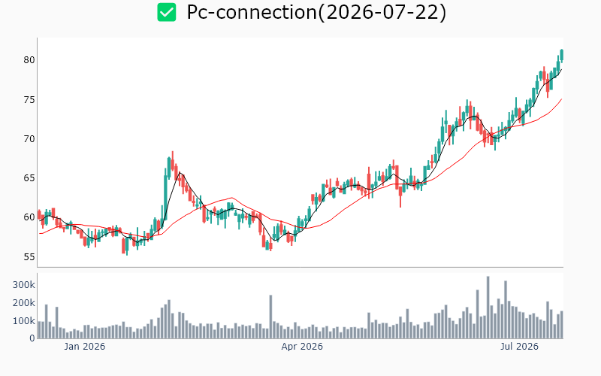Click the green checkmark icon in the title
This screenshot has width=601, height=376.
click(167, 12)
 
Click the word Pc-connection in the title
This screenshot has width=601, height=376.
click(252, 12)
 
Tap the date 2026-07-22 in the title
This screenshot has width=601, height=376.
click(382, 12)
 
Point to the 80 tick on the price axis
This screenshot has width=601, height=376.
click(29, 60)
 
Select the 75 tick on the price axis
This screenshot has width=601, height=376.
click(29, 100)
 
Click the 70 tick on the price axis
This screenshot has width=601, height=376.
click(29, 139)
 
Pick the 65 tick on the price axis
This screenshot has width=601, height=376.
click(29, 178)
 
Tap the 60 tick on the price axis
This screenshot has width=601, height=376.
click(29, 217)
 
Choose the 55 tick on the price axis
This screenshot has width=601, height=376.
click(29, 256)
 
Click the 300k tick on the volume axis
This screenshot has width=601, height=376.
click(24, 285)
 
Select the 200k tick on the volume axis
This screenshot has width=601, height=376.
click(24, 303)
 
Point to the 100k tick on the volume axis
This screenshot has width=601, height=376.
click(24, 321)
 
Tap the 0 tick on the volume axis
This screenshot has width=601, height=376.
click(32, 338)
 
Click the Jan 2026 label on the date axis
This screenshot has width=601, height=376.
click(84, 347)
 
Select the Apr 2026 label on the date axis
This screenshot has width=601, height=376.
click(302, 347)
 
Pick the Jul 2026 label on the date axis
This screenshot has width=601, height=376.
click(519, 347)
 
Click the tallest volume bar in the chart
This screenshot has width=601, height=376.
click(488, 308)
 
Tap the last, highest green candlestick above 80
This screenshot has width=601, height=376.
click(561, 55)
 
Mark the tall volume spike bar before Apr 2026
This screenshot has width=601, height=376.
click(270, 317)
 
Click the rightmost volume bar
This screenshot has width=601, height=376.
click(561, 325)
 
